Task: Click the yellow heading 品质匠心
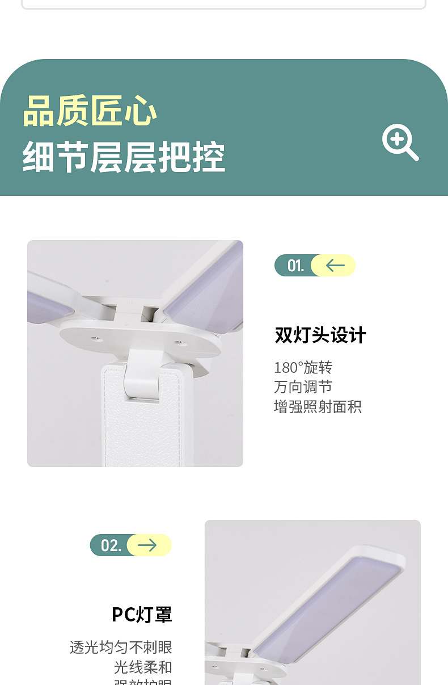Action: click(x=90, y=111)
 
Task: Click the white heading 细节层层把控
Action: click(x=124, y=157)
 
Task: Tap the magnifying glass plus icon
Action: click(x=399, y=142)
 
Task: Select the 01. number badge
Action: click(x=295, y=266)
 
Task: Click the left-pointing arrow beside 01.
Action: click(x=335, y=266)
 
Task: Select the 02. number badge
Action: click(x=111, y=545)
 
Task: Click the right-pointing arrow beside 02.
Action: click(x=147, y=545)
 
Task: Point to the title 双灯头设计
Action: click(x=320, y=335)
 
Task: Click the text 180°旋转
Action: click(x=303, y=368)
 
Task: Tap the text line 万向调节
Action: click(x=303, y=387)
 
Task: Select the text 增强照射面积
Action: click(x=318, y=407)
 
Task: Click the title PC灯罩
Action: click(x=142, y=615)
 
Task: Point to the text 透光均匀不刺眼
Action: click(x=121, y=648)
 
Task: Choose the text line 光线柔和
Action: click(x=143, y=667)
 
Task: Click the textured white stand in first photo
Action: click(x=142, y=426)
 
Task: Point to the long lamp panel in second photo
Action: click(x=329, y=602)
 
